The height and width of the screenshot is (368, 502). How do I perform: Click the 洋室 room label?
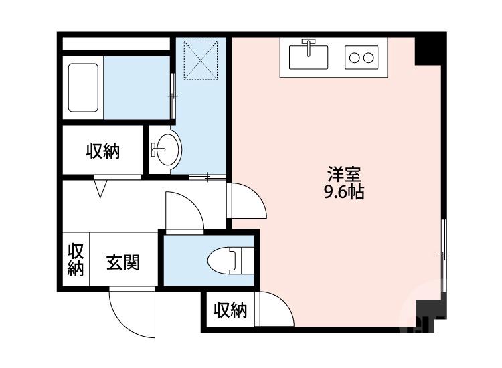[344, 174]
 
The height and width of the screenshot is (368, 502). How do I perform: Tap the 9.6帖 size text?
[344, 192]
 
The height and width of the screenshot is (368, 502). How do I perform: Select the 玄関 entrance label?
[123, 262]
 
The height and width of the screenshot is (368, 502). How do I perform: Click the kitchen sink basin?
[309, 57]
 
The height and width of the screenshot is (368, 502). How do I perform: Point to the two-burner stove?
[361, 58]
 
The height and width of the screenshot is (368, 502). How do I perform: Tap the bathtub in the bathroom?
[83, 88]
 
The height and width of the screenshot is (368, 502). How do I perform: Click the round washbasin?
[167, 149]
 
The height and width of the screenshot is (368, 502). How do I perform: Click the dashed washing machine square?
[201, 60]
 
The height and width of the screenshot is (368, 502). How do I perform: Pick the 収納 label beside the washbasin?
[103, 151]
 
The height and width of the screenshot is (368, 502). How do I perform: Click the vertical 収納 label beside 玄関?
[76, 260]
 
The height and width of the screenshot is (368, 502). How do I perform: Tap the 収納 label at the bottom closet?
[230, 310]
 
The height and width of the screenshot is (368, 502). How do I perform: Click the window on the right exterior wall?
[443, 256]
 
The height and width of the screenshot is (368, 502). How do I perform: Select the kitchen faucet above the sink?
[309, 47]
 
